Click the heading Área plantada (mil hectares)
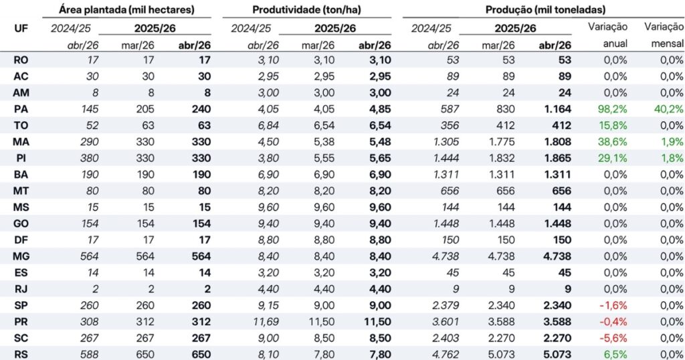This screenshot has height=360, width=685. [x=126, y=9]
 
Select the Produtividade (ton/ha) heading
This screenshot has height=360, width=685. [x=306, y=9]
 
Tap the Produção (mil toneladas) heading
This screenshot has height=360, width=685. [x=545, y=9]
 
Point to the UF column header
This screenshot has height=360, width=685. [x=21, y=29]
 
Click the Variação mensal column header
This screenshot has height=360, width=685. [x=664, y=35]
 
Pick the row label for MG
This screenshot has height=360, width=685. [x=21, y=256]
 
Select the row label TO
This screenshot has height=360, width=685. [x=21, y=126]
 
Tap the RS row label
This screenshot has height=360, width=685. [x=21, y=355]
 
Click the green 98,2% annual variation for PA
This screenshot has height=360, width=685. [x=613, y=109]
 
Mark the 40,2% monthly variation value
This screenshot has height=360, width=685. [x=668, y=109]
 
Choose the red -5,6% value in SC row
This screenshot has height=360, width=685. [x=613, y=338]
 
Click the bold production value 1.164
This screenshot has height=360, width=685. [x=557, y=109]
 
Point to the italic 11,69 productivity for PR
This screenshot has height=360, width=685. [x=266, y=322]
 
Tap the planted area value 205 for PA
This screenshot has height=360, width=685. [x=145, y=109]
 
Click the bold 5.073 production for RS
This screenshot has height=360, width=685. [x=557, y=355]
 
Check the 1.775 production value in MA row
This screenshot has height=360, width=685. [x=502, y=142]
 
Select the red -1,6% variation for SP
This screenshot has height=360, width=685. [x=613, y=305]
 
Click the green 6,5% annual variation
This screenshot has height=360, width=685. [x=615, y=355]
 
